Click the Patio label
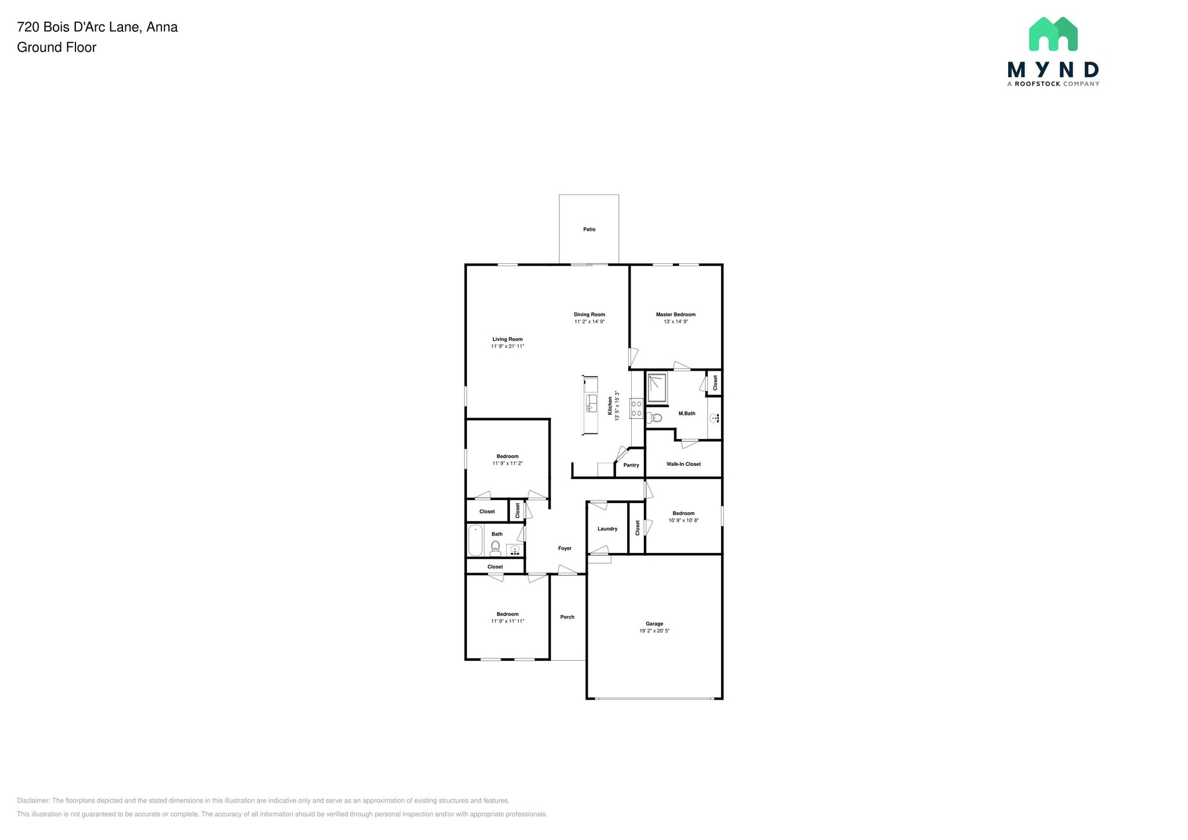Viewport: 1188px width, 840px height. tap(589, 229)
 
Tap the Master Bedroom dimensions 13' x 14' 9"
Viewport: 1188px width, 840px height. tap(675, 321)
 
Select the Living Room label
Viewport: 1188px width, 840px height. tap(507, 339)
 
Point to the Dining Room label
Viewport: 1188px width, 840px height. tap(589, 314)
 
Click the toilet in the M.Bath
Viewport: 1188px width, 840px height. tap(654, 418)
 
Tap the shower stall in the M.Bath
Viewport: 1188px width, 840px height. tap(657, 388)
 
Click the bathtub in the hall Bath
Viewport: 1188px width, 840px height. tap(475, 540)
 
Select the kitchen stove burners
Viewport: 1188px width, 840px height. tap(636, 408)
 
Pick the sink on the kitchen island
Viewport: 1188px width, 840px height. tap(591, 403)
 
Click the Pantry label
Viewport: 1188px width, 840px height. tap(631, 465)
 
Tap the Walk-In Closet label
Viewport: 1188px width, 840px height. tap(683, 464)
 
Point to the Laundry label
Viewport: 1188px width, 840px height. tap(607, 529)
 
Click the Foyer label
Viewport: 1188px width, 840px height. tap(564, 548)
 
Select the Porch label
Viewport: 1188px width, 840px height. tap(567, 617)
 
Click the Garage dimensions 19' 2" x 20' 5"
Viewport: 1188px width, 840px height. tap(654, 631)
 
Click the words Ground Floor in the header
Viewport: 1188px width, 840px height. tap(56, 48)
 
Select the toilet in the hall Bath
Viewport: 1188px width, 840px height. tap(495, 548)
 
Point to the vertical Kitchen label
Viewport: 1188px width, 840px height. tap(610, 405)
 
